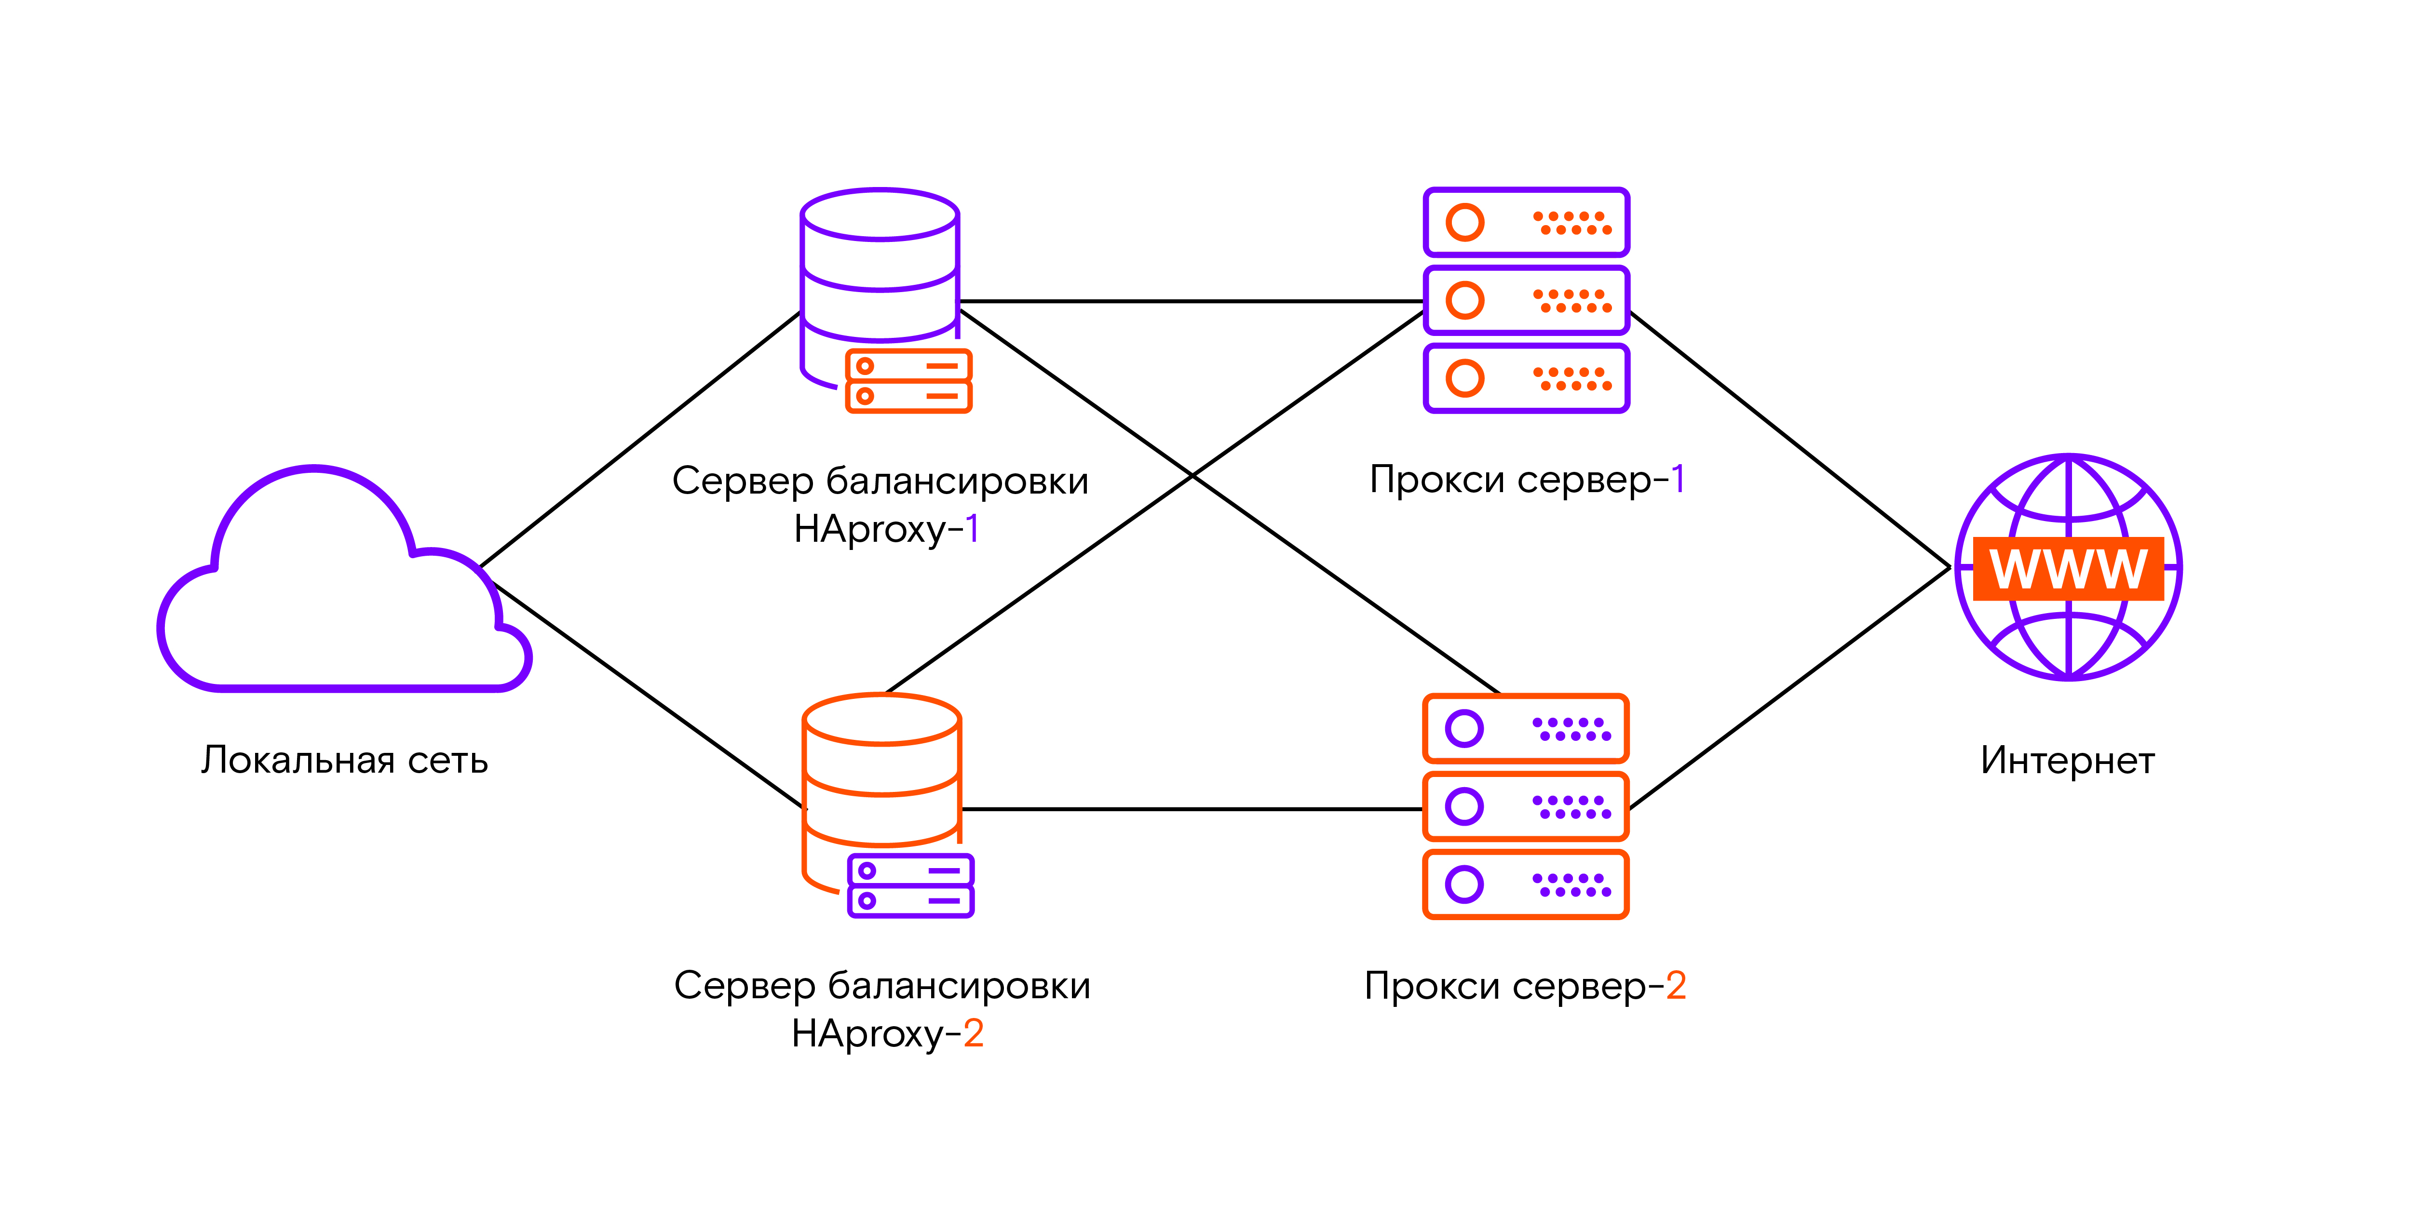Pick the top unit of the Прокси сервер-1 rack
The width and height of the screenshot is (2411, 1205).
(1526, 223)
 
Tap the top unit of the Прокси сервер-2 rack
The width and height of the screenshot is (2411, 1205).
(1526, 728)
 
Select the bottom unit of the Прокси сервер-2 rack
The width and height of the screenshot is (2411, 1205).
(1526, 884)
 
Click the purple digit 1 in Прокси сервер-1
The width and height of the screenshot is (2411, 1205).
(1678, 479)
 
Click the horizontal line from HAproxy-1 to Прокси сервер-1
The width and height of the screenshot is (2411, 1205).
(1189, 301)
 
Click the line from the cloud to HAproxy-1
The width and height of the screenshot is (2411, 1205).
(637, 440)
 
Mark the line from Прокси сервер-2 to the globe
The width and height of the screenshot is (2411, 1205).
(1788, 688)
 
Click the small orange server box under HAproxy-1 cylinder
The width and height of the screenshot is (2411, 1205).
(908, 381)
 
